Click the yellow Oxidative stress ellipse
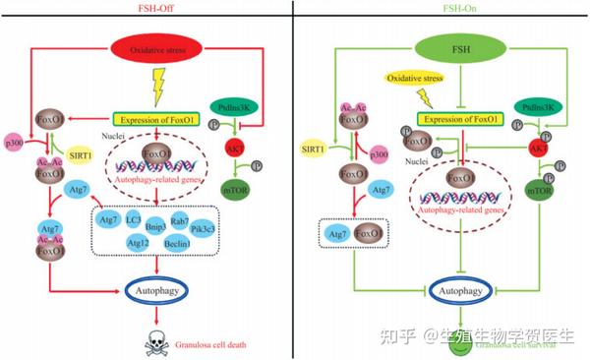pyautogui.click(x=408, y=79)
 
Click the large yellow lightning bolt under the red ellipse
pyautogui.click(x=159, y=90)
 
